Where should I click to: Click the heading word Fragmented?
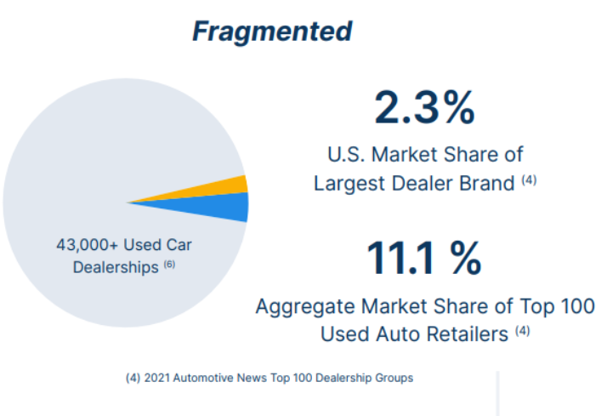[271, 31]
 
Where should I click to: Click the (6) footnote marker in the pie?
[168, 265]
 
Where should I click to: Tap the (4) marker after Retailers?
[522, 331]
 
